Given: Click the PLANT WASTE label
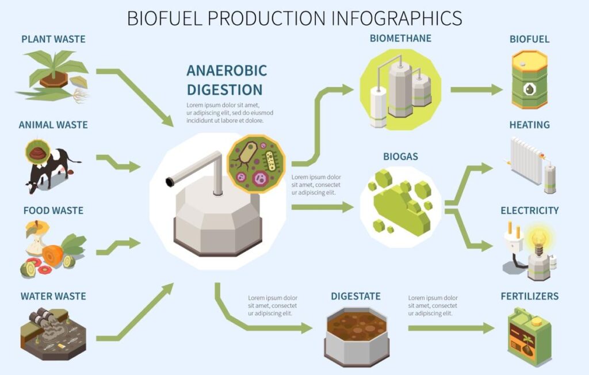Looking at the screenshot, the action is point(53,39).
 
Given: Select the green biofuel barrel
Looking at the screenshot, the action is point(529,80).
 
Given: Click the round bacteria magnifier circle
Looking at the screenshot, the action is point(256,164).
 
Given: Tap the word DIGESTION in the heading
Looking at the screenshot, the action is point(225,90).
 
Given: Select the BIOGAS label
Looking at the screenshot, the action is point(400,156).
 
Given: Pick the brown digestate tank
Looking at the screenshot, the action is point(357,336).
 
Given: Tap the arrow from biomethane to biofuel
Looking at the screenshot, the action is point(476,90).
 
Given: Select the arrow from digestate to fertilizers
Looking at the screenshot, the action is point(451,328).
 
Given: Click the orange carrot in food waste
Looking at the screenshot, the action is point(52,255).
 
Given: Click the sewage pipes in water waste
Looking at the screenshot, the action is point(43,316).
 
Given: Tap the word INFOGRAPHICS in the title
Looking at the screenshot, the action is point(397,18).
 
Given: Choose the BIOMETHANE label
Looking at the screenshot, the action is point(400,39).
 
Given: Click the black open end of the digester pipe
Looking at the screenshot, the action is point(170,182).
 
